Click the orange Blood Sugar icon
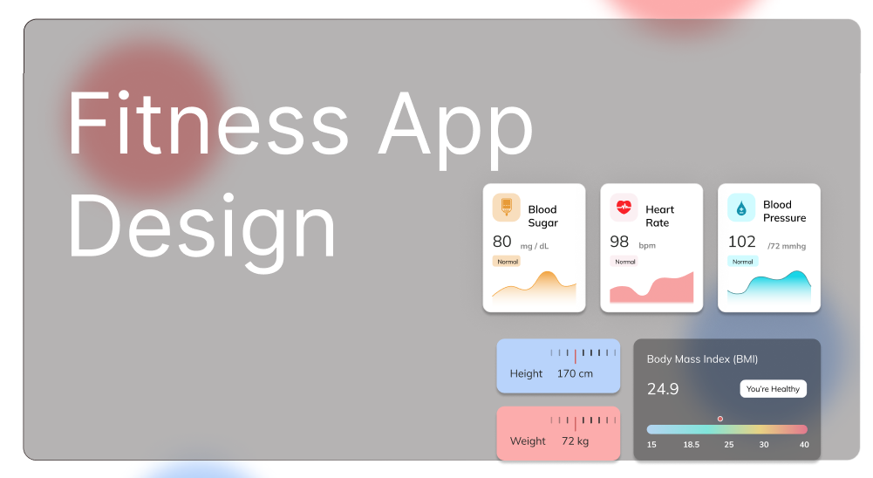[x=507, y=208]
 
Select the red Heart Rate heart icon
[x=624, y=208]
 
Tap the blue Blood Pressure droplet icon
[x=741, y=208]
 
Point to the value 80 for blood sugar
[x=502, y=242]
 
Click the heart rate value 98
[x=619, y=242]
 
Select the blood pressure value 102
[x=742, y=242]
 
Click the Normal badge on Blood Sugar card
[x=507, y=262]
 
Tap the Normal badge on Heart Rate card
[x=624, y=262]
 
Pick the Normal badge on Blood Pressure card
[x=742, y=262]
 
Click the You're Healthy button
[x=774, y=389]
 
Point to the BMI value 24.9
[x=663, y=389]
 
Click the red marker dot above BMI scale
[x=720, y=419]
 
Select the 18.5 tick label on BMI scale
[x=692, y=445]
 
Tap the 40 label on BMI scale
[x=804, y=445]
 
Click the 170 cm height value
[x=575, y=373]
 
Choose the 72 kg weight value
[x=575, y=440]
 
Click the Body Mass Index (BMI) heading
[x=702, y=359]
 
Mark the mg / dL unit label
[x=535, y=246]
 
